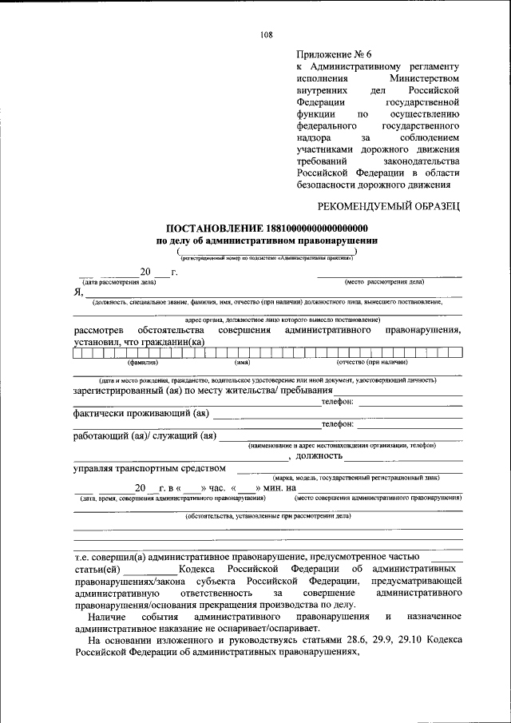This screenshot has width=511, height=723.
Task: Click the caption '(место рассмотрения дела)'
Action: point(384,282)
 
